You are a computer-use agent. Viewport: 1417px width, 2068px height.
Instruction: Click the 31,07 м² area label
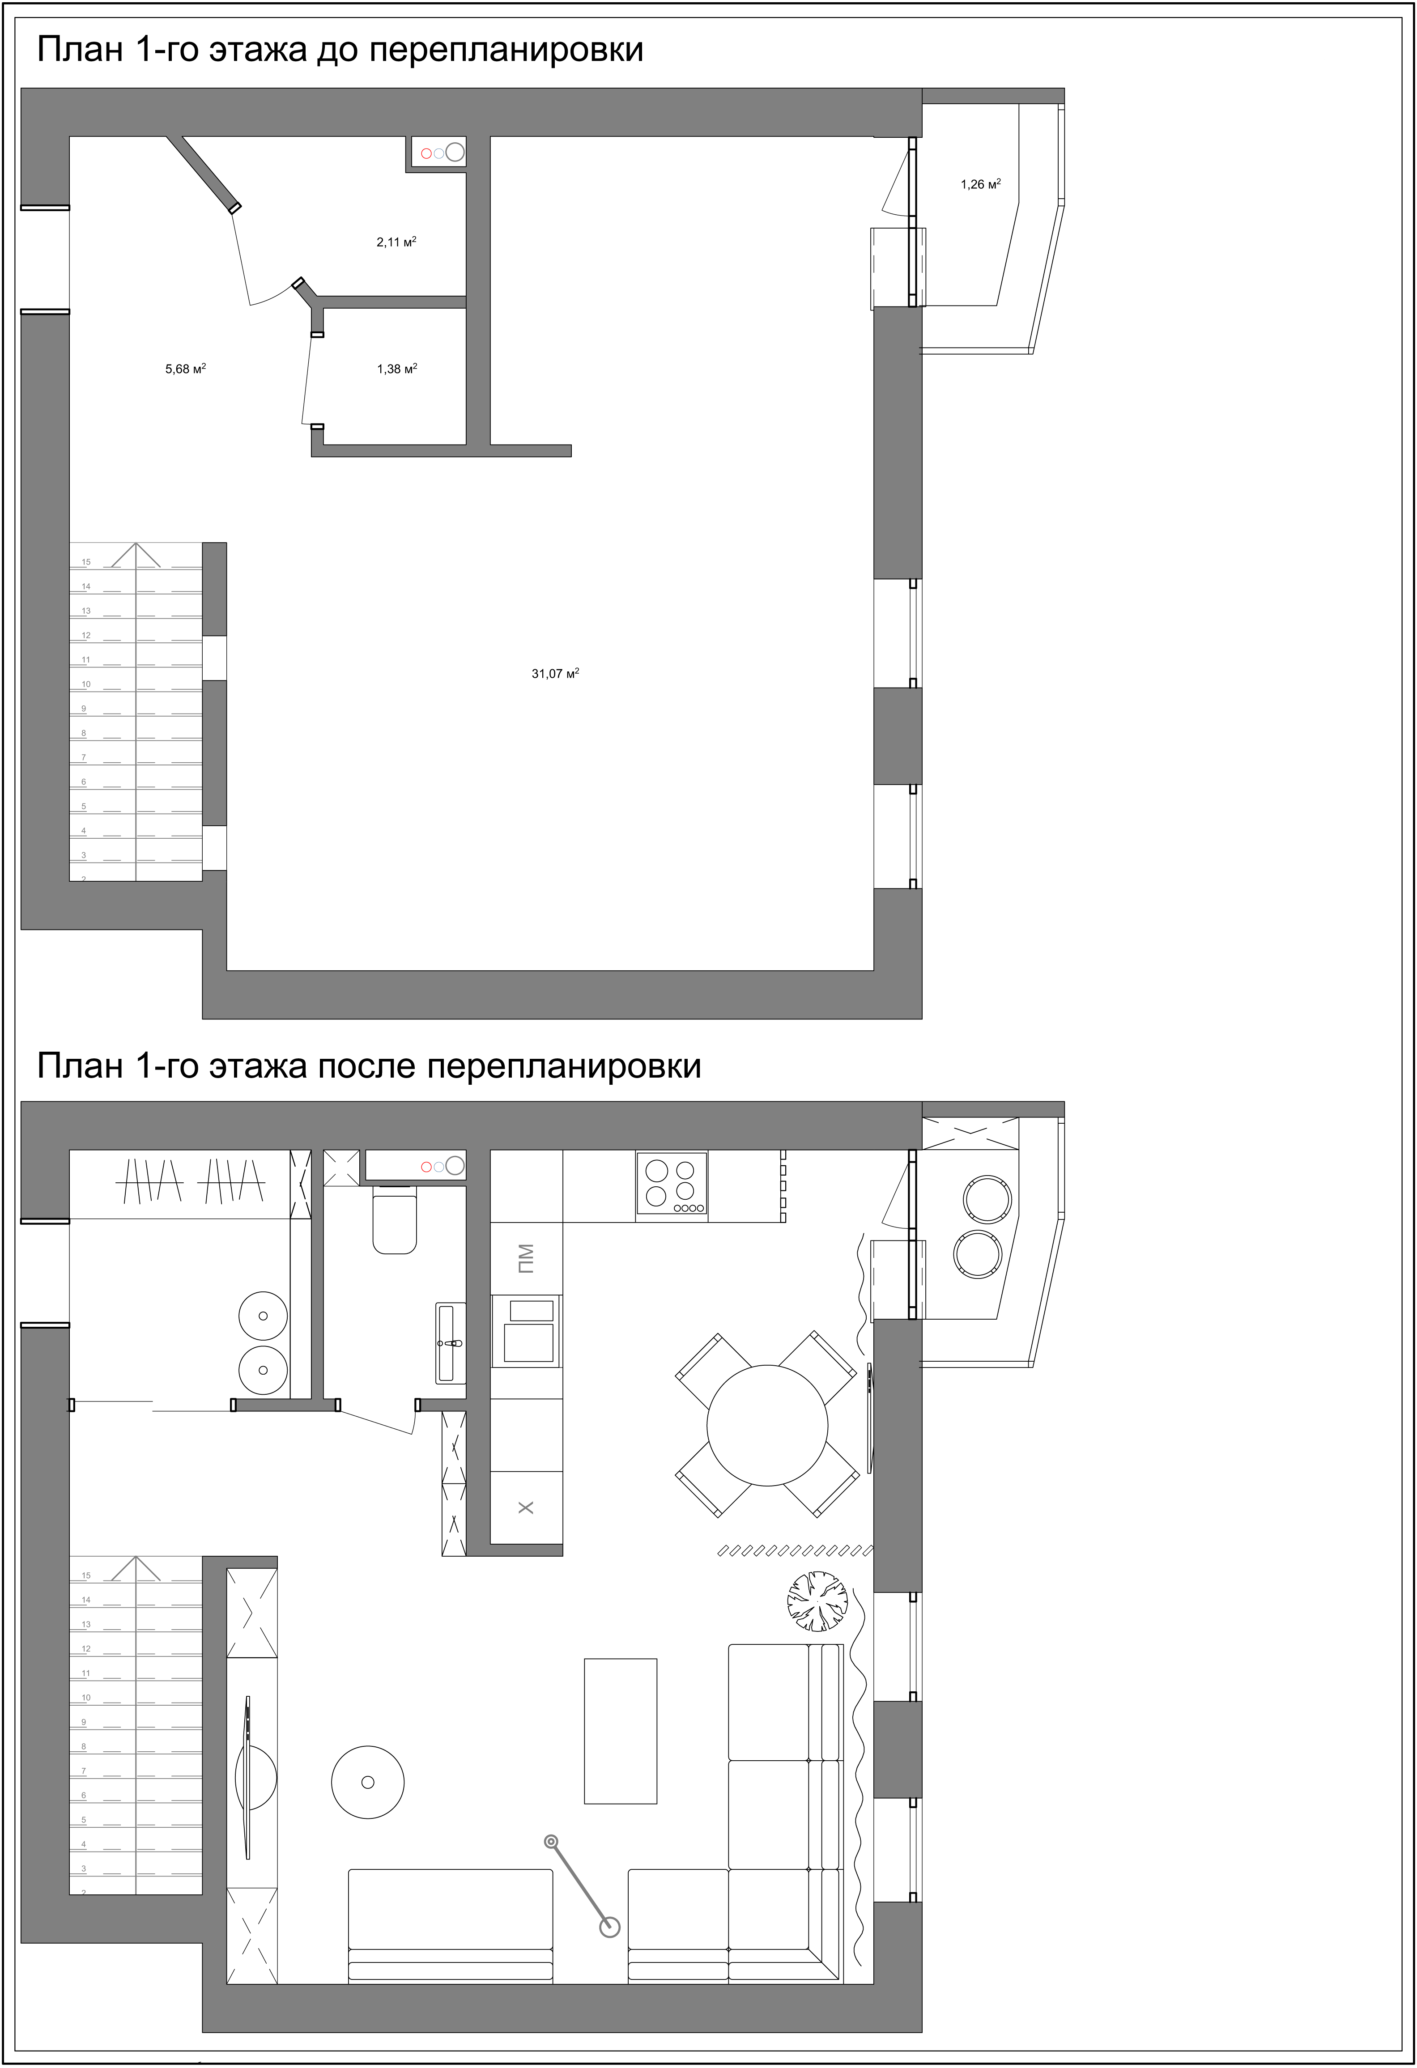555,674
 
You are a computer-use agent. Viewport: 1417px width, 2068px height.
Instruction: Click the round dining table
767,1426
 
